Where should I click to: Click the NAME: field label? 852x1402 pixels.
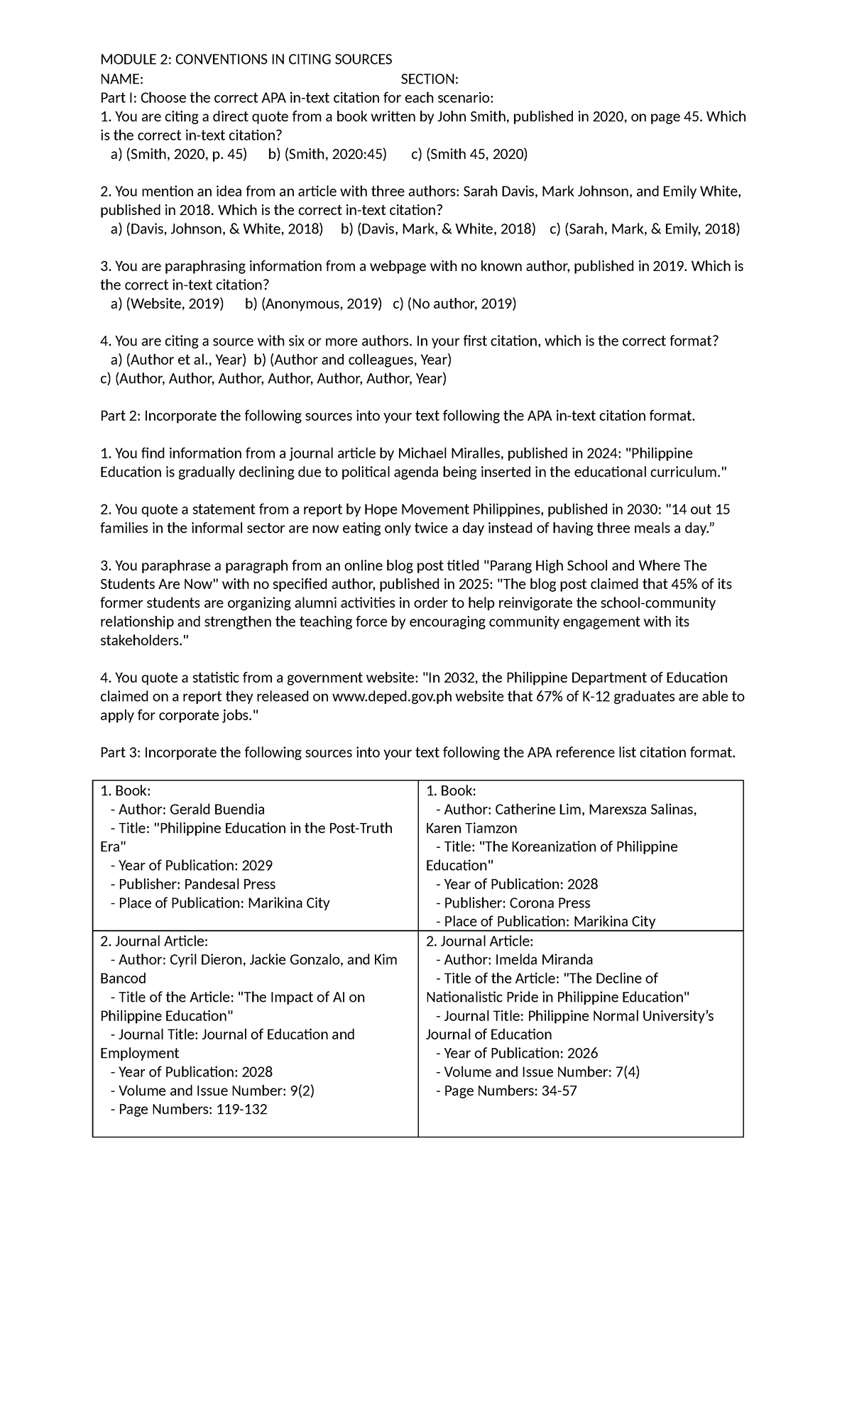pyautogui.click(x=121, y=79)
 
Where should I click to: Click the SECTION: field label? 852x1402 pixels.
pyautogui.click(x=429, y=79)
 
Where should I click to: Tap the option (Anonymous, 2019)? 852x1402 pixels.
pyautogui.click(x=321, y=304)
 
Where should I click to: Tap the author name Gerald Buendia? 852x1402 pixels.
pyautogui.click(x=217, y=810)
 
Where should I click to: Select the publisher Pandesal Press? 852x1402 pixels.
pyautogui.click(x=229, y=884)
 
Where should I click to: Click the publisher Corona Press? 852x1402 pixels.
pyautogui.click(x=550, y=903)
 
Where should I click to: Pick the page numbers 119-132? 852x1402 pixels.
pyautogui.click(x=240, y=1109)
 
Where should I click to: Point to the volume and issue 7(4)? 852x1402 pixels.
pyautogui.click(x=627, y=1072)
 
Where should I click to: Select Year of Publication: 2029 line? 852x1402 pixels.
pyautogui.click(x=191, y=866)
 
